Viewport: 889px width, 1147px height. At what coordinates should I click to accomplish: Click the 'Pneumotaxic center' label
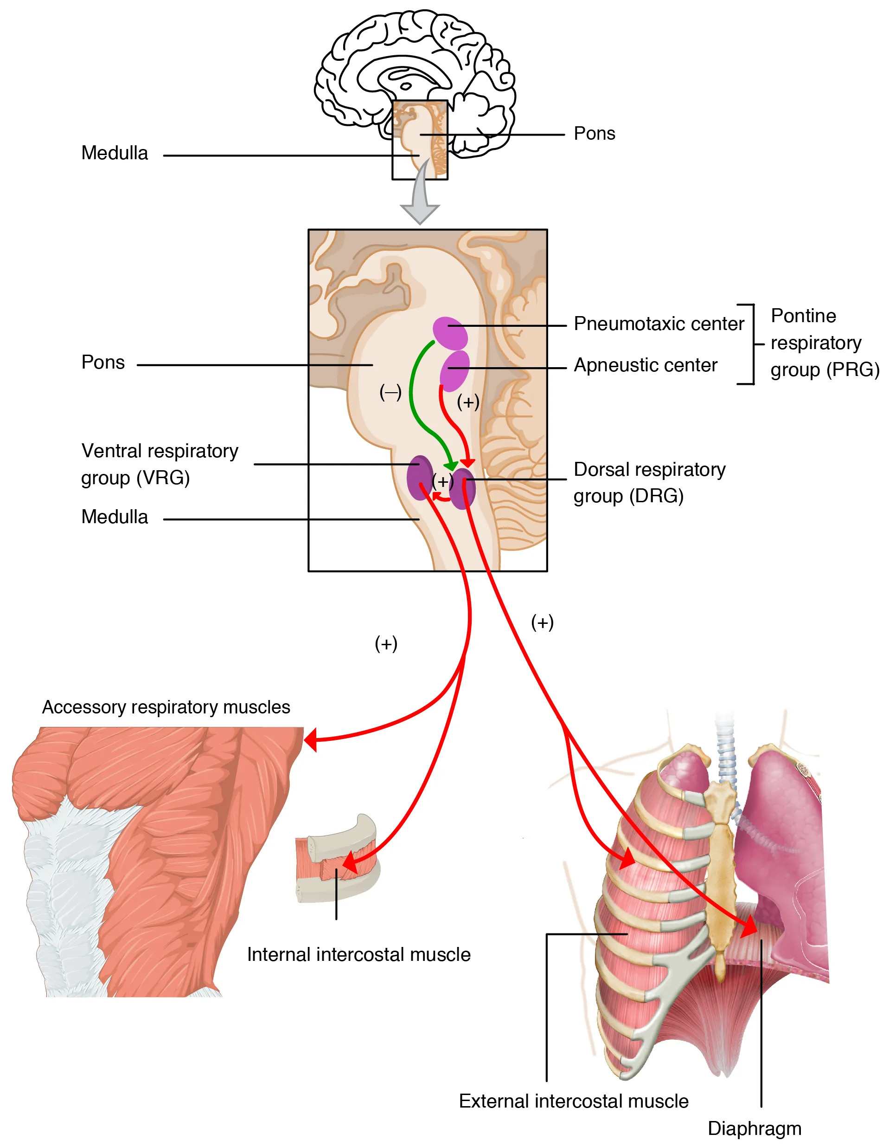[658, 324]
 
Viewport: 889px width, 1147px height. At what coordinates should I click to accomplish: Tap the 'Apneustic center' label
[645, 365]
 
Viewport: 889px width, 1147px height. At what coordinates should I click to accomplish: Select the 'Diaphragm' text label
[754, 1128]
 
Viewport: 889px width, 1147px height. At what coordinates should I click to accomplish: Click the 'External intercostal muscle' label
[573, 1101]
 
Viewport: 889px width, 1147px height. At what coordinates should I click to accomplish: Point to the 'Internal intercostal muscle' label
[358, 954]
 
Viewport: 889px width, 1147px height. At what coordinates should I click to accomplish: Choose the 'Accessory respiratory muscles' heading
[166, 707]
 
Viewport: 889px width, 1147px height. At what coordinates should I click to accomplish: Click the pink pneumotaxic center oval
[449, 333]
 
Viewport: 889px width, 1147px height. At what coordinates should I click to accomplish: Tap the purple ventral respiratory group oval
[419, 477]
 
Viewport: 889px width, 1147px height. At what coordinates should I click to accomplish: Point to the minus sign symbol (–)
[390, 392]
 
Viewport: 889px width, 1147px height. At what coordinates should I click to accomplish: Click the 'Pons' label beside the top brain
[594, 133]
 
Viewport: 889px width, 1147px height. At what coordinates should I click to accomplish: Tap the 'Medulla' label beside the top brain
[115, 153]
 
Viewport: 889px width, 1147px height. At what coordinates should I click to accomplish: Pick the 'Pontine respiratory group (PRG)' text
[824, 343]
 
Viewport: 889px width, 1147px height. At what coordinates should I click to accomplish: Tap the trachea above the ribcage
[726, 751]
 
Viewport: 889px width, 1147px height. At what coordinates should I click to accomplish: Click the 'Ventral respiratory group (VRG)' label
[160, 464]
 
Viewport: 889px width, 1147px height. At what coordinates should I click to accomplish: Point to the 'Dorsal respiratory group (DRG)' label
[649, 482]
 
